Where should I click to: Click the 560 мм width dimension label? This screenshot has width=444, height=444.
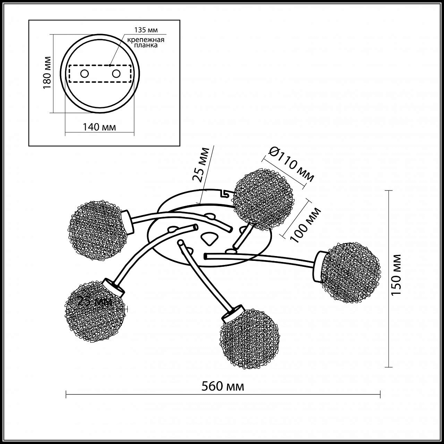[x=223, y=387]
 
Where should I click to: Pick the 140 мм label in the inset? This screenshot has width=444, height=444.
[x=99, y=127]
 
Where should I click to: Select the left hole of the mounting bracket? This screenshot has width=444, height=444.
[x=84, y=74]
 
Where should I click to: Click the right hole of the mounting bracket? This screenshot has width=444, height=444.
[x=116, y=74]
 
